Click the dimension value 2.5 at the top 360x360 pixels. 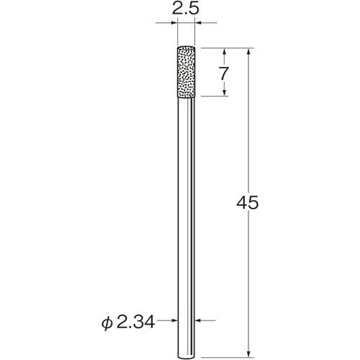point(186,10)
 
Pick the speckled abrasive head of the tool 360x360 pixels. point(186,73)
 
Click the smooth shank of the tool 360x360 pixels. point(186,216)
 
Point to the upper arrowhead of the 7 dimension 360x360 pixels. point(225,52)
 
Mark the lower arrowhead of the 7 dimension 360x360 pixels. point(225,93)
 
